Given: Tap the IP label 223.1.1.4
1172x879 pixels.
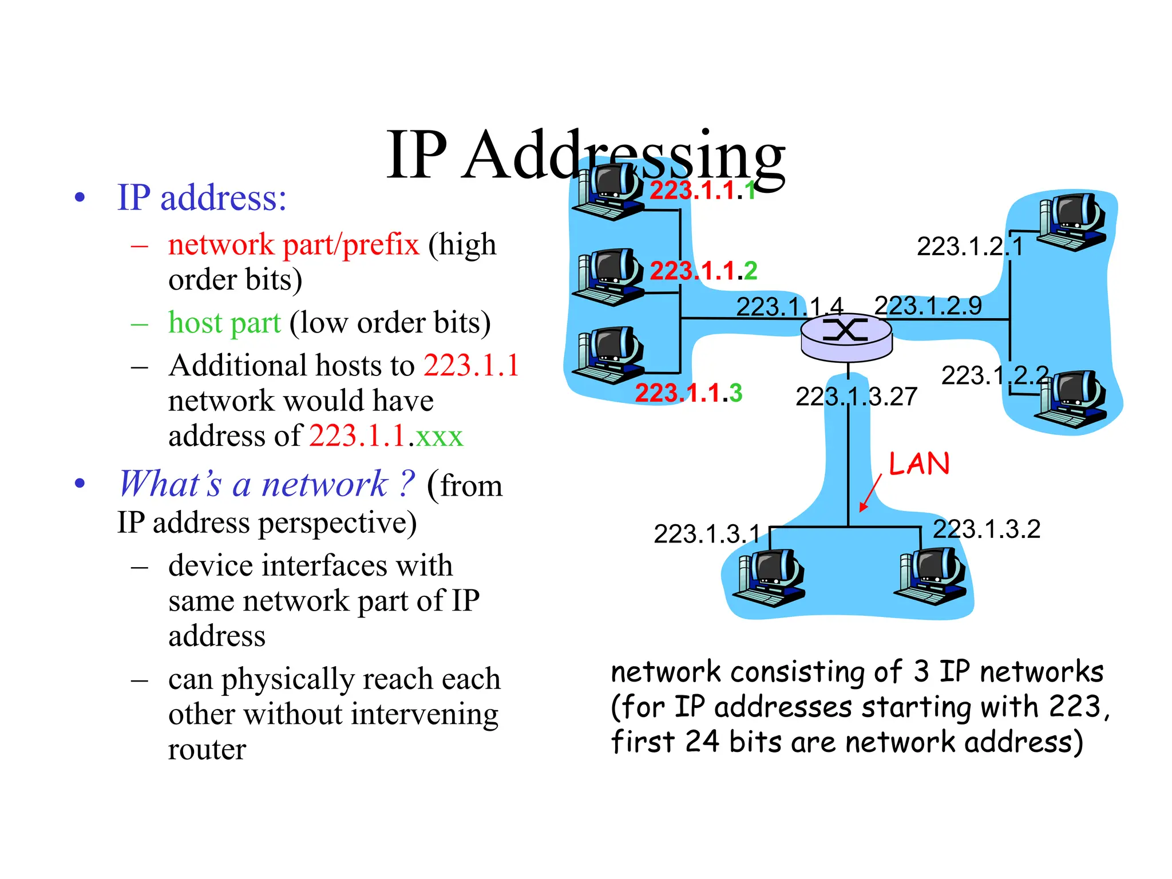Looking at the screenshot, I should tap(789, 307).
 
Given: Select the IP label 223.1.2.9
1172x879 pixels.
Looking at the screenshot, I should tap(928, 305).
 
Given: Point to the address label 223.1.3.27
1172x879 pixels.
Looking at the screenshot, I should tap(856, 397).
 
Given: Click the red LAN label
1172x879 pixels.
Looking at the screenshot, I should tap(919, 464).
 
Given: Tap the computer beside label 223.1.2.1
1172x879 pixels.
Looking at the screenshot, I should tap(1071, 222).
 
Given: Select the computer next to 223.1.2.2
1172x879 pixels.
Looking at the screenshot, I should tap(1071, 399).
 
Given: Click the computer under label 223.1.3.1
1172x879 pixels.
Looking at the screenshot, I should tap(770, 577).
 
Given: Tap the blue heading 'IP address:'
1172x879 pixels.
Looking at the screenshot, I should tap(201, 198).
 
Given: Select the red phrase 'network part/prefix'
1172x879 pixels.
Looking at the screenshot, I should tap(294, 244).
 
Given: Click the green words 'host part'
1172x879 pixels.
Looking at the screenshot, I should tap(224, 323).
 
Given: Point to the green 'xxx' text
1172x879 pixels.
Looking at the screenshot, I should tap(439, 437).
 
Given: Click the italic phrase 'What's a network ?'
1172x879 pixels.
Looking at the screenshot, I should tap(266, 484).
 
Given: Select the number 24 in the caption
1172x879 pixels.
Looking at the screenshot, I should tap(702, 741).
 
